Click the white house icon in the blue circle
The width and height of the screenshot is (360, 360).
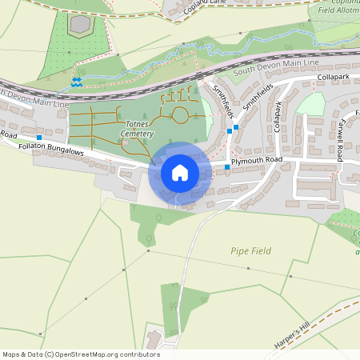click(179, 173)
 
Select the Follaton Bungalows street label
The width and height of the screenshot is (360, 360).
click(50, 151)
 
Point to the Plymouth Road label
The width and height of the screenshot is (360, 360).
click(257, 161)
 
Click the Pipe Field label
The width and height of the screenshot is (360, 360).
click(250, 251)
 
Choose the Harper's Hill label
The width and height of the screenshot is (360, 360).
click(291, 331)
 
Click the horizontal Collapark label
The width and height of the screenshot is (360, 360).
click(333, 77)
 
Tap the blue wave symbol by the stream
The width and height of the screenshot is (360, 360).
click(77, 82)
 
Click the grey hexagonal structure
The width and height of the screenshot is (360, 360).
click(79, 25)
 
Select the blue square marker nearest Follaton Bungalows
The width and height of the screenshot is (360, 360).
click(39, 138)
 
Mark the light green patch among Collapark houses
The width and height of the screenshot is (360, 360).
click(311, 105)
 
